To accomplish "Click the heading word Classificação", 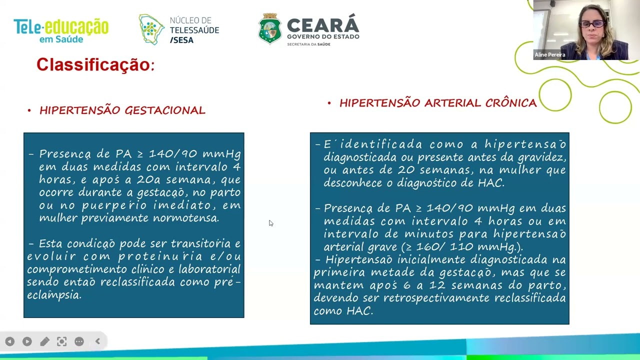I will [93, 65].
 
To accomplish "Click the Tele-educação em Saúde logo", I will [60, 30].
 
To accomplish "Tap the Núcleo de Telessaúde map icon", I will [151, 29].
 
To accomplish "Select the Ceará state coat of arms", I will [270, 29].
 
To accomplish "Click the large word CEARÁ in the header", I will [323, 25].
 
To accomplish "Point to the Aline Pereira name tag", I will [550, 55].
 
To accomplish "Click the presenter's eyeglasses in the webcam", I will [592, 24].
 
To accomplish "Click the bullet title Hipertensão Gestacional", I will [122, 110].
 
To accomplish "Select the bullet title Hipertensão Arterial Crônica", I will [437, 103].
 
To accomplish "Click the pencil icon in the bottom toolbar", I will [44, 341].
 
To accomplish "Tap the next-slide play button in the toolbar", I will [27, 341].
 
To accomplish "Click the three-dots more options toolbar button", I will [79, 341].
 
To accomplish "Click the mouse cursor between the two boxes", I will [270, 223].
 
